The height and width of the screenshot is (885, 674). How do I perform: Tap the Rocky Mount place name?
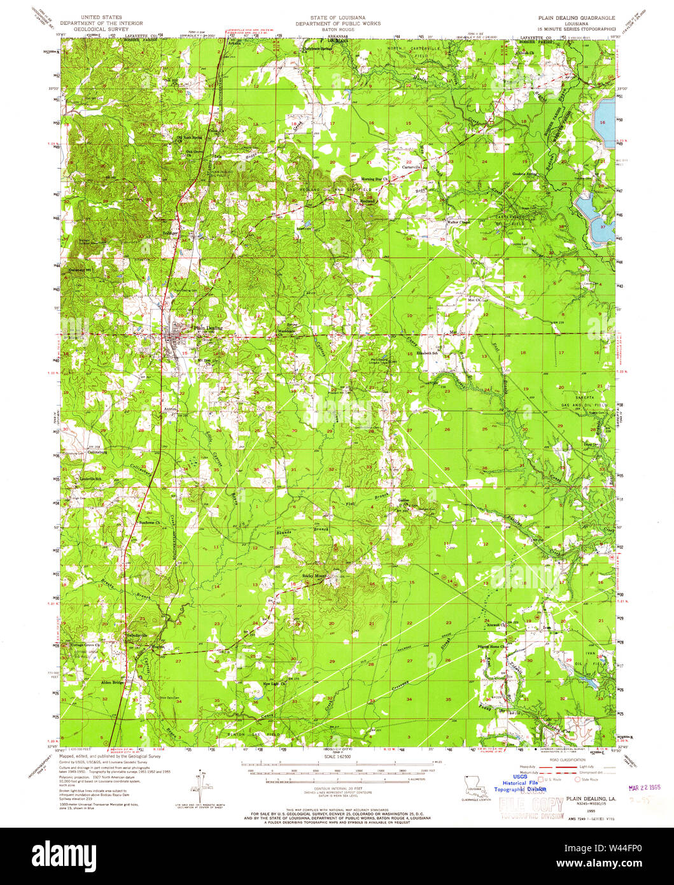313,576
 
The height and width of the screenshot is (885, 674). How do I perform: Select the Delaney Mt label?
80,269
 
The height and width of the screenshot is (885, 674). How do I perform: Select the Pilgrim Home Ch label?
491,647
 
